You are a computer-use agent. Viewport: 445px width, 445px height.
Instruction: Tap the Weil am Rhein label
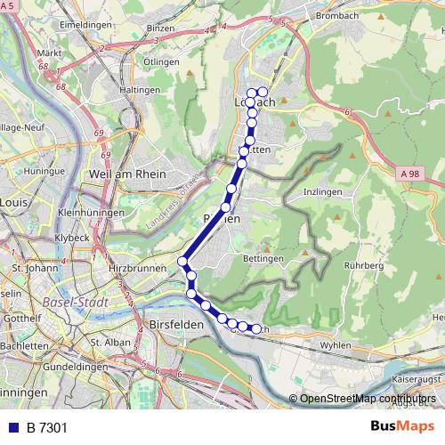[x=126, y=174]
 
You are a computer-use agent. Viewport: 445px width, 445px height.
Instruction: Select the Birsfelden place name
[x=178, y=325]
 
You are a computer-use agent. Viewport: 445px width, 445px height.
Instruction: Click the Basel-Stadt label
[x=74, y=302]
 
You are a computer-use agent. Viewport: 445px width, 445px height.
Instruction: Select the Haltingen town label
[x=140, y=90]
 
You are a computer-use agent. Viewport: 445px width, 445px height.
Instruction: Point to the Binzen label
[x=161, y=28]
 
